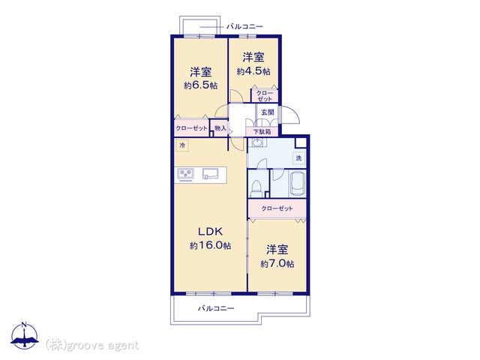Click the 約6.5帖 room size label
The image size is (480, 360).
(200, 85)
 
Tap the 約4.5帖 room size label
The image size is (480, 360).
(253, 71)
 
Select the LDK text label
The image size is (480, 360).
(210, 232)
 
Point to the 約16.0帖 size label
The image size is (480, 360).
(210, 245)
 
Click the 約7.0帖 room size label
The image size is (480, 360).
(277, 263)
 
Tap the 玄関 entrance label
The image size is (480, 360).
(267, 112)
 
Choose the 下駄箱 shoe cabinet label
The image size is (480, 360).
(262, 132)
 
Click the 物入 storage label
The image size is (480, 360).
(220, 128)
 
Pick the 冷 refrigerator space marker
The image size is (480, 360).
(182, 145)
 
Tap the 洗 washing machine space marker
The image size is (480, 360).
(298, 158)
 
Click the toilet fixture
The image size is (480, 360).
(256, 188)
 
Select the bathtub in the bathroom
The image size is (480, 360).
(298, 184)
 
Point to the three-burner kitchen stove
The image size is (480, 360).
(185, 174)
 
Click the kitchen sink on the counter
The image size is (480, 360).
(211, 174)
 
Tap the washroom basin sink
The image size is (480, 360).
(256, 142)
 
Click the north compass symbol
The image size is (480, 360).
(25, 335)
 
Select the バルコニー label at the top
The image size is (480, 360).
(244, 27)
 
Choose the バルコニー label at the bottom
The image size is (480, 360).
(216, 308)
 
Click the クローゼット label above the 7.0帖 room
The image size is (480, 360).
(277, 208)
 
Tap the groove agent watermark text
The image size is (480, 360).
(92, 345)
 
